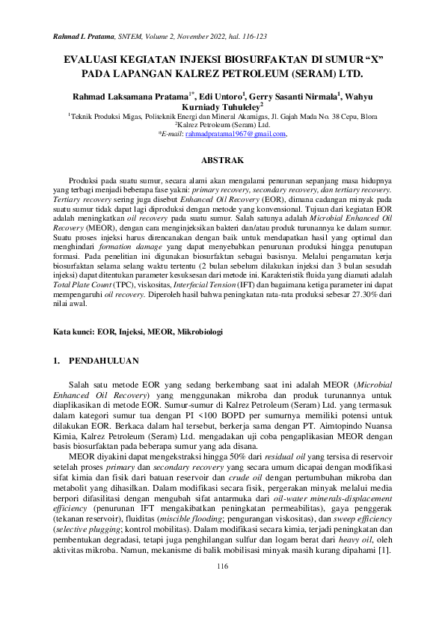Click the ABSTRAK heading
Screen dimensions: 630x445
pos(222,160)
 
